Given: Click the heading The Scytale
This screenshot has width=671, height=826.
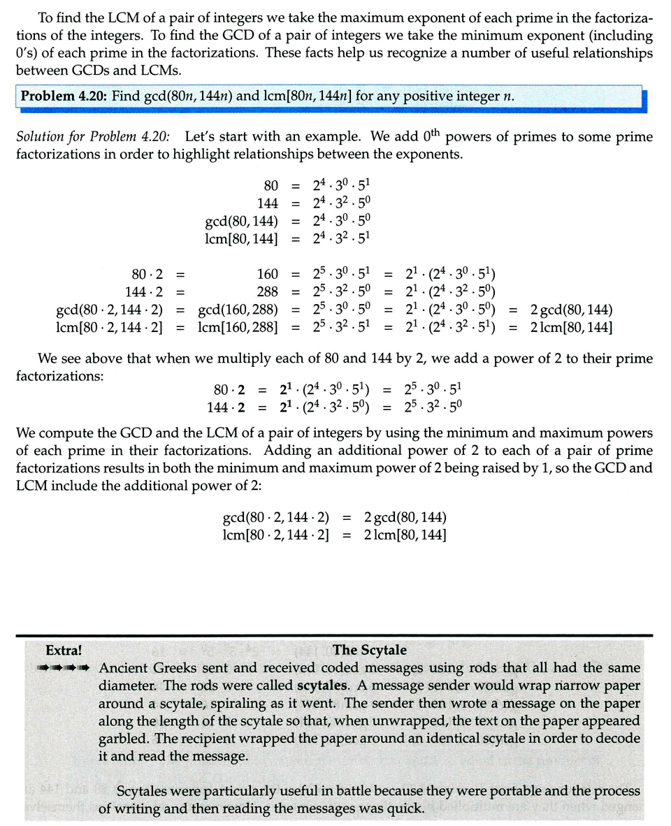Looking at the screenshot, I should coord(370,650).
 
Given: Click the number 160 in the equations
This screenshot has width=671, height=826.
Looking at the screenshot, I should coord(266,274).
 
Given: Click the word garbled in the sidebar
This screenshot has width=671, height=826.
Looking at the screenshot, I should coord(123,739).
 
